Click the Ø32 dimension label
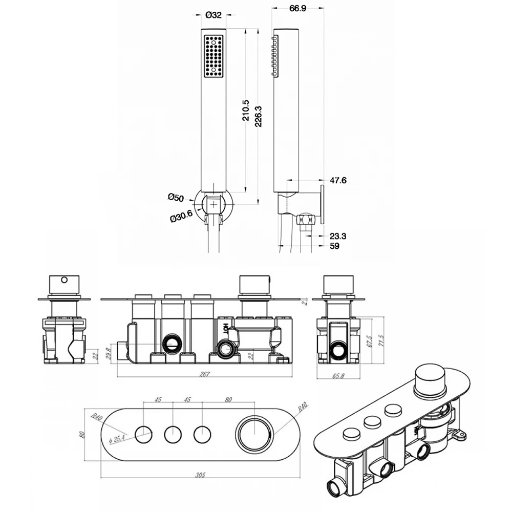(213, 15)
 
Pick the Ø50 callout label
(176, 197)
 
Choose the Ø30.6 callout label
(181, 217)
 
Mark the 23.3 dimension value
(337, 236)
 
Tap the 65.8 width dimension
(338, 375)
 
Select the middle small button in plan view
(174, 435)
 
